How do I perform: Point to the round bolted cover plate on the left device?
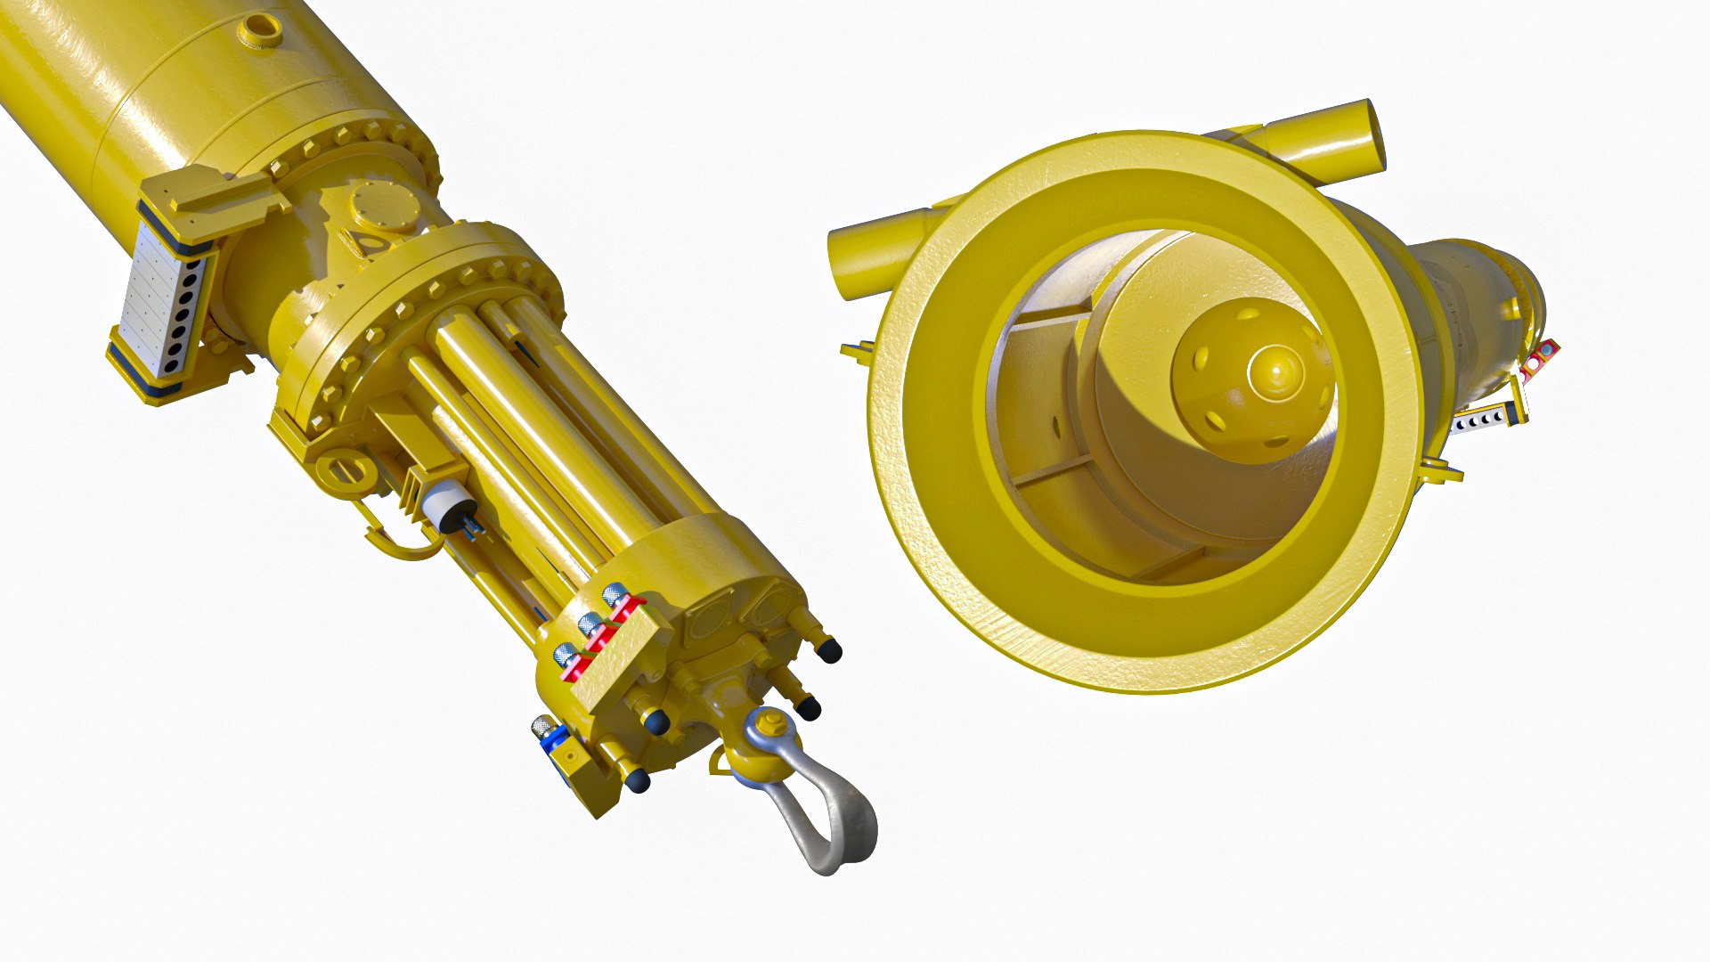(x=384, y=208)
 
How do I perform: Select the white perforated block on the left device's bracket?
(x=160, y=302)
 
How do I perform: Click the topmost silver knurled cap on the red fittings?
(x=615, y=594)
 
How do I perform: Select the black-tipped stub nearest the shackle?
(x=808, y=707)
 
